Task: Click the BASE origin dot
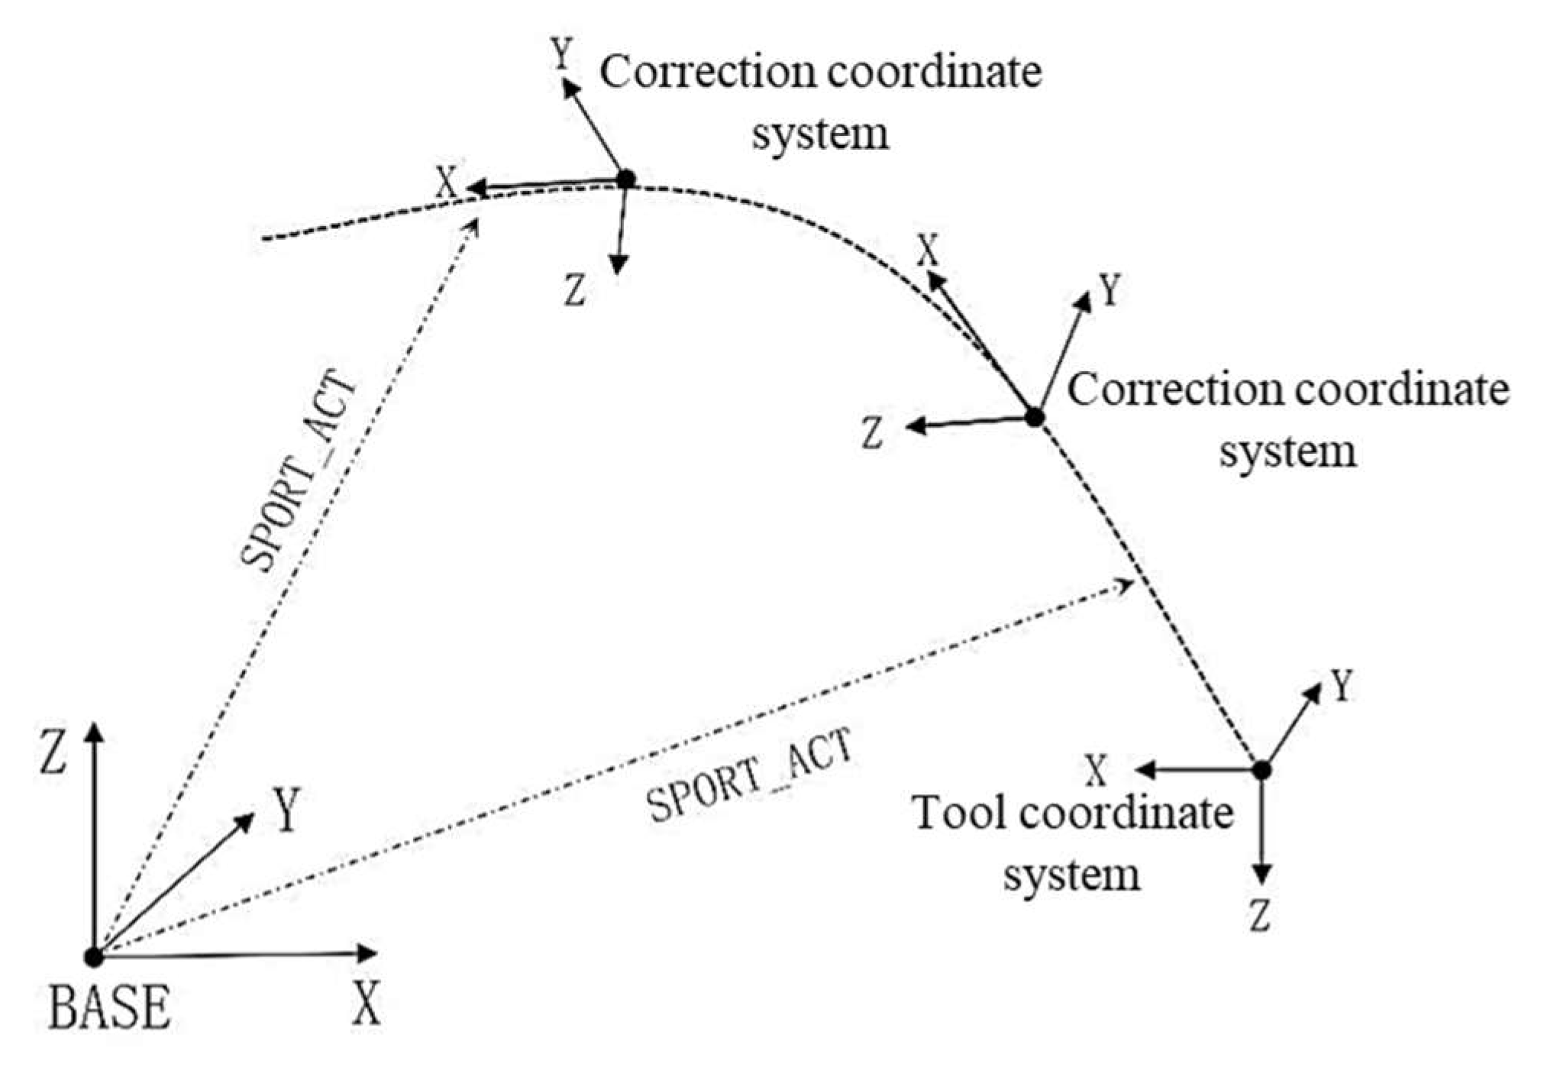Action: point(94,956)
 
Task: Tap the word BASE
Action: point(109,1007)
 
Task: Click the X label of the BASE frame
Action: point(367,1003)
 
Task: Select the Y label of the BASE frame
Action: point(287,809)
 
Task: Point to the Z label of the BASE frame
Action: point(53,751)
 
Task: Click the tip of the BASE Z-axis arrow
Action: point(93,726)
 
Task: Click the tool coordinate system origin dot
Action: point(1262,770)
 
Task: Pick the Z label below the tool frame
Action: point(1259,915)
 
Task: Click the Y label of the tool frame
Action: point(1342,686)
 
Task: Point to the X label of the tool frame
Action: point(1096,771)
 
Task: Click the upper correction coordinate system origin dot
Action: point(625,179)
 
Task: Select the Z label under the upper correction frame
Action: point(575,290)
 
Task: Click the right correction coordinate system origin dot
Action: point(1034,418)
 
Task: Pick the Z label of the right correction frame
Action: point(872,432)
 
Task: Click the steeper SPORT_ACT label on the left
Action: point(299,470)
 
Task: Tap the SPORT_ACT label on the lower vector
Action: point(749,774)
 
